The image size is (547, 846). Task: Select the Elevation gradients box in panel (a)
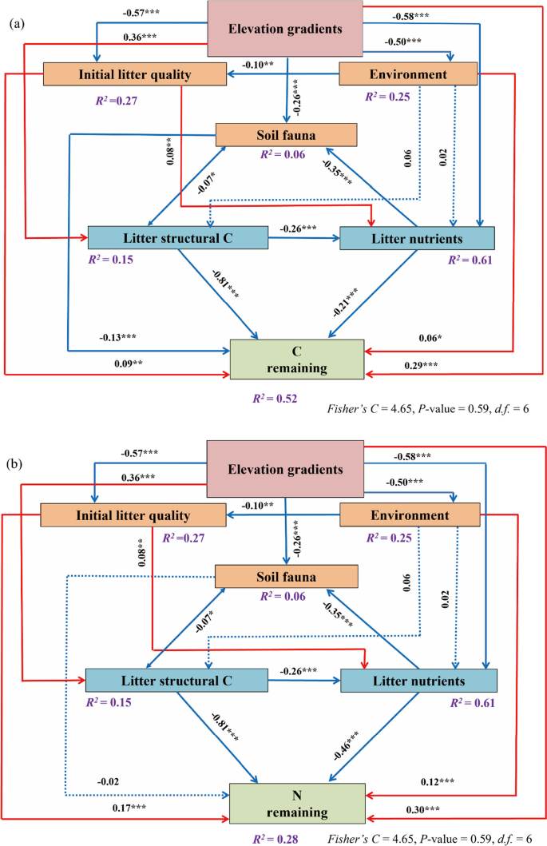[x=287, y=30]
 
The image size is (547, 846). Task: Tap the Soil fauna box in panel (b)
[x=286, y=577]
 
